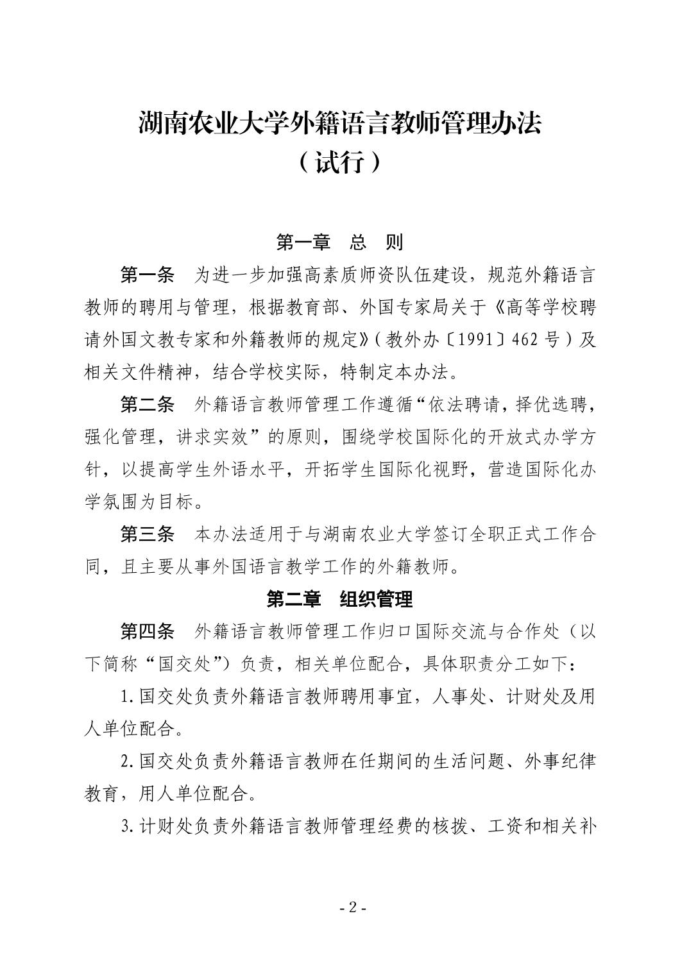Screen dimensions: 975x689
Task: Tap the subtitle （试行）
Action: (340, 163)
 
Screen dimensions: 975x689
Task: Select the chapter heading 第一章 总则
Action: (340, 242)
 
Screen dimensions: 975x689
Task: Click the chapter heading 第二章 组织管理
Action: (340, 599)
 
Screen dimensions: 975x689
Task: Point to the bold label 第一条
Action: (148, 275)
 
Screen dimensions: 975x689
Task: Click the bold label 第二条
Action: (148, 405)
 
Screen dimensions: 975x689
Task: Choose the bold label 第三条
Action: (148, 534)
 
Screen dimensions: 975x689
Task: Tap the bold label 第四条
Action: (148, 632)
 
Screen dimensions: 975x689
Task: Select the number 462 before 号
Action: (525, 340)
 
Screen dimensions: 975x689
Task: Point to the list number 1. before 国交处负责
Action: (127, 697)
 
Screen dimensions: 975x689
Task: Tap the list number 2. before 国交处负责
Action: (127, 761)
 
